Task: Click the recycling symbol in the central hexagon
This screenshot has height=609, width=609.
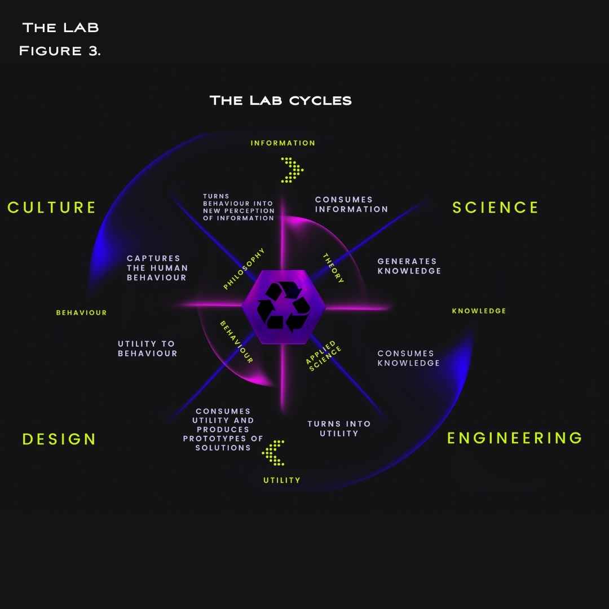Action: click(x=284, y=307)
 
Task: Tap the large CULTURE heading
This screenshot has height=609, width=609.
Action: click(x=52, y=208)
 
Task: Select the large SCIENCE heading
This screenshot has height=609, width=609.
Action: click(x=495, y=208)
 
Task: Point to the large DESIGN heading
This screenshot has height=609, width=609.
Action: click(x=59, y=439)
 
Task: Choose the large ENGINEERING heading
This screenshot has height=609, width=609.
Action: click(x=514, y=438)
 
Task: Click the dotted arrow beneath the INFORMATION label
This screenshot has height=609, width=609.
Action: click(x=292, y=170)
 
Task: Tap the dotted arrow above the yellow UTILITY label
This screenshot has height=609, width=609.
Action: click(x=274, y=453)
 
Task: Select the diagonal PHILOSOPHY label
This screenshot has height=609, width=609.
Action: click(x=244, y=269)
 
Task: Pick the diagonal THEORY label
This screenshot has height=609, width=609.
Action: click(x=333, y=268)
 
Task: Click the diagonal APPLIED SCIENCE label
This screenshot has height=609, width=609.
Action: click(x=324, y=355)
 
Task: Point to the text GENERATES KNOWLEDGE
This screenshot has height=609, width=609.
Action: click(x=409, y=266)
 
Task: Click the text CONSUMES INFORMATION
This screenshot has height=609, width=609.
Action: click(x=351, y=204)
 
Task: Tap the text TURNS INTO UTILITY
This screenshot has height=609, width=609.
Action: click(x=339, y=429)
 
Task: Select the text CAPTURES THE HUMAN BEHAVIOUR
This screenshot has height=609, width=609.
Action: click(x=157, y=268)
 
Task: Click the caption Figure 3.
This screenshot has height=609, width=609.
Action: click(x=59, y=50)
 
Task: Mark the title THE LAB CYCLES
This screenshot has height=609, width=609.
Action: click(x=280, y=100)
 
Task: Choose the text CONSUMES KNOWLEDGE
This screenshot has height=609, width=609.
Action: click(x=408, y=358)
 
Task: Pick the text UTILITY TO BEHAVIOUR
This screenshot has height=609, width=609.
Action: click(x=147, y=348)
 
